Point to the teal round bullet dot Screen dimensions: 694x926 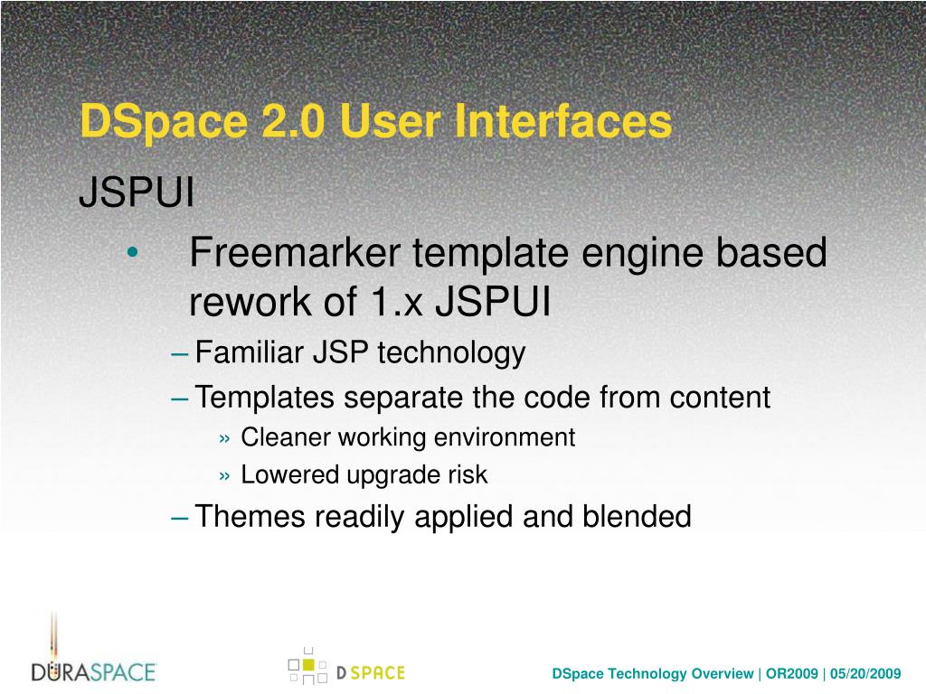tap(133, 253)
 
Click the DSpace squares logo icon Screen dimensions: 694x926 tap(307, 666)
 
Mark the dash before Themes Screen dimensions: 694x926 tap(180, 518)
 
